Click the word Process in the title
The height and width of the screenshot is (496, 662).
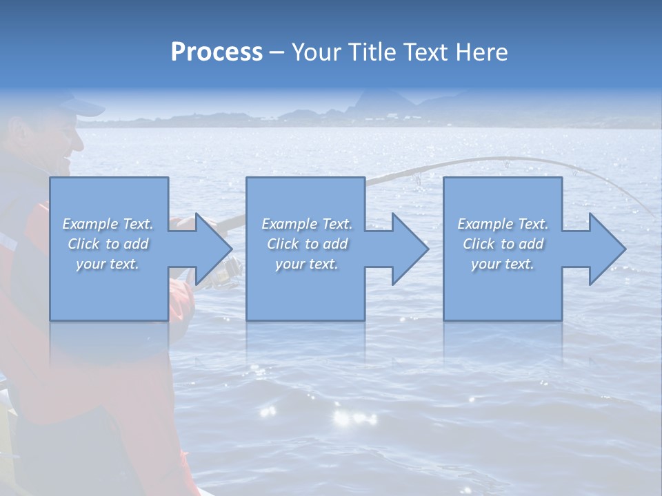click(x=217, y=52)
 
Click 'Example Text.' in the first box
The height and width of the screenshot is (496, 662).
click(x=108, y=224)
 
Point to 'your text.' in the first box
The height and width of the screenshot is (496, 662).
click(x=108, y=264)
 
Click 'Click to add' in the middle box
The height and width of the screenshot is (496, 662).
click(x=307, y=244)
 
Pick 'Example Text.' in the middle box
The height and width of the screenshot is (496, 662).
click(x=307, y=224)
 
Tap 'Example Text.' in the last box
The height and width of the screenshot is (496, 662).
click(x=503, y=224)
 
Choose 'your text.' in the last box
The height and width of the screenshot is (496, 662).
click(x=503, y=264)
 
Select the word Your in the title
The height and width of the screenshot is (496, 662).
click(x=314, y=52)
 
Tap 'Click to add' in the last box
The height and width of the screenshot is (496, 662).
click(x=503, y=244)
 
